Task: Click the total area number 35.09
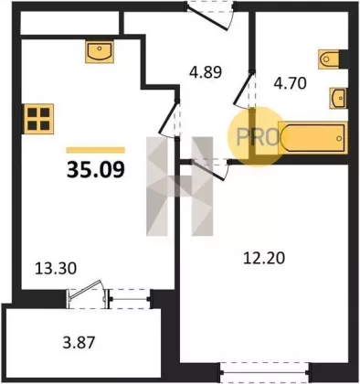(x=96, y=169)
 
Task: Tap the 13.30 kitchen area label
(x=56, y=269)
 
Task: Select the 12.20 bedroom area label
(x=264, y=258)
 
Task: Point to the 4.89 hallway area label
(x=206, y=73)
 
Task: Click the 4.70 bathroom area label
(x=290, y=83)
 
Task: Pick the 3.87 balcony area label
(x=79, y=343)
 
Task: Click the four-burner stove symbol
(x=38, y=119)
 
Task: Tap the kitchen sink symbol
(x=100, y=52)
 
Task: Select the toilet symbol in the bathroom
(x=329, y=59)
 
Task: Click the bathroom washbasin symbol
(x=338, y=98)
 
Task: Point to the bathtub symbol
(x=312, y=138)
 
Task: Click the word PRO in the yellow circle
(x=258, y=137)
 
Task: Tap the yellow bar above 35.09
(x=96, y=150)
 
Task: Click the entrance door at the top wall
(x=210, y=16)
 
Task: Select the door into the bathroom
(x=244, y=89)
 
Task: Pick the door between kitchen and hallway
(x=169, y=118)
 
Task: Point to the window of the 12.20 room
(x=265, y=372)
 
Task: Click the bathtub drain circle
(x=339, y=138)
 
